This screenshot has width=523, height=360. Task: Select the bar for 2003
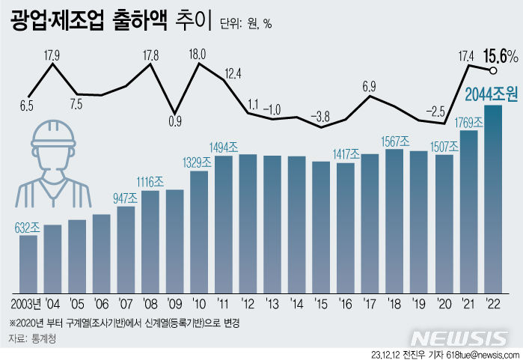click(x=28, y=263)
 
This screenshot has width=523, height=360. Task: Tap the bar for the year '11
click(x=224, y=223)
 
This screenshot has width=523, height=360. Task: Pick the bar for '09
click(x=175, y=240)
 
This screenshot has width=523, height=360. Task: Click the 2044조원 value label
click(x=492, y=94)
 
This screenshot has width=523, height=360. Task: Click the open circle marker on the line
click(x=493, y=71)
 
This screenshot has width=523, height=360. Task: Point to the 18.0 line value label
click(x=198, y=53)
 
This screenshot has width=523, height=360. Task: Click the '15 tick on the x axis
click(x=321, y=305)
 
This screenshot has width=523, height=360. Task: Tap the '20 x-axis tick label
click(x=444, y=305)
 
